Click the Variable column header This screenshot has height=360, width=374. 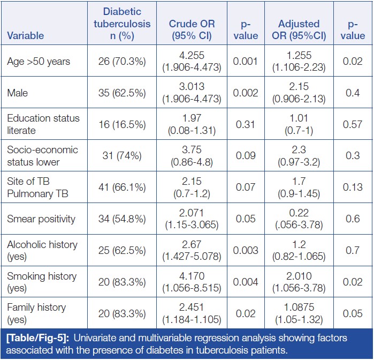26,36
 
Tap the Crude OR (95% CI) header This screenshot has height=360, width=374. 191,30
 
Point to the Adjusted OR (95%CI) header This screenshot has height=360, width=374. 299,30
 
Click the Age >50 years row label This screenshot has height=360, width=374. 39,62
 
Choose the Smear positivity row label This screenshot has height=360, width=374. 42,218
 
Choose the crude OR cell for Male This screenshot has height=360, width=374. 191,93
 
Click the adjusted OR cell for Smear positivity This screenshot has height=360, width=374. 299,218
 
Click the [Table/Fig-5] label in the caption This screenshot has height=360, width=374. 36,338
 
